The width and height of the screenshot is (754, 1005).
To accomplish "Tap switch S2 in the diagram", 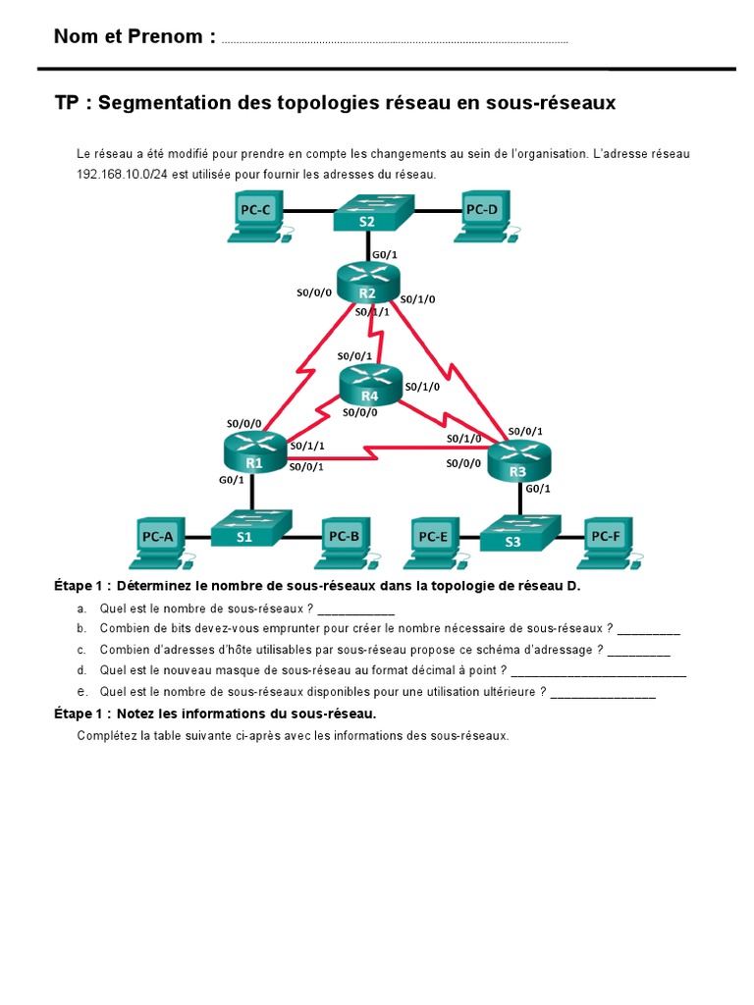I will click(x=366, y=213).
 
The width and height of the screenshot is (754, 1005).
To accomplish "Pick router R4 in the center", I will click(x=370, y=386).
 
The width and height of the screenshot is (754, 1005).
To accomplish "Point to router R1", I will click(x=253, y=452).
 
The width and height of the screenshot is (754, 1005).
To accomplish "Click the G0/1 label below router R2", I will click(x=384, y=254).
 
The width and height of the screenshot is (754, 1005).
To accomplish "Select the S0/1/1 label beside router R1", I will click(x=307, y=446).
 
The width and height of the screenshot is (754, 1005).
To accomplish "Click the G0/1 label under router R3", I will click(x=538, y=489).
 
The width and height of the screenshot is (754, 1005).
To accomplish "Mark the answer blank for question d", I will click(x=599, y=672).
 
